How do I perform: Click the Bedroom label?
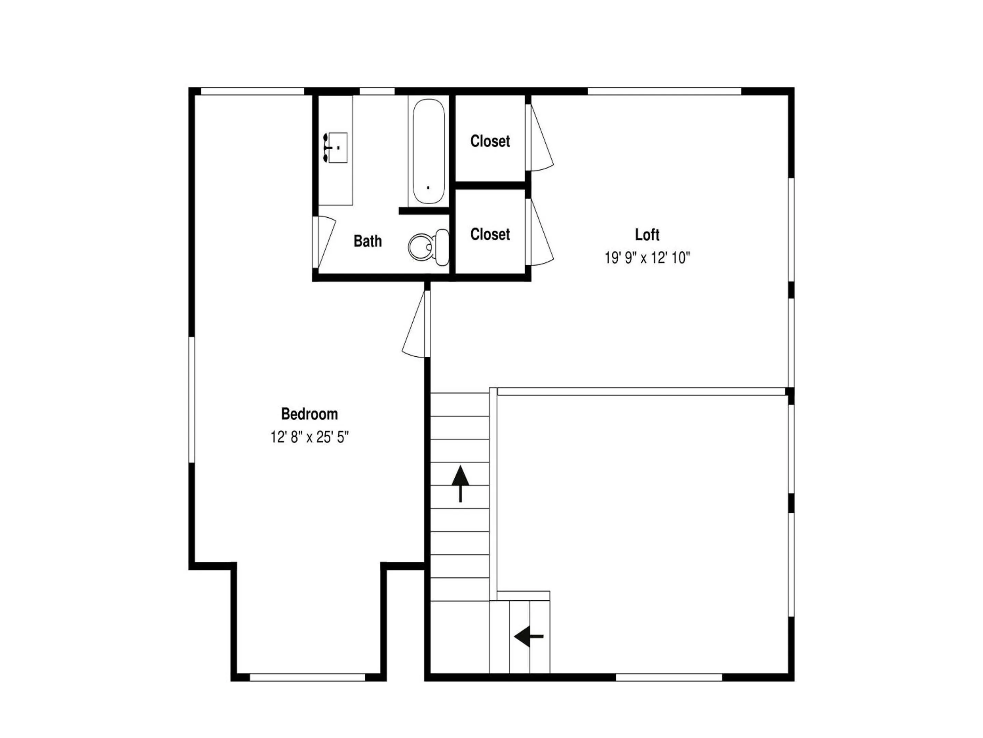pyautogui.click(x=309, y=414)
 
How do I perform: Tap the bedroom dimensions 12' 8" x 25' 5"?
pyautogui.click(x=309, y=437)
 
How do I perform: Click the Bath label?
pyautogui.click(x=368, y=241)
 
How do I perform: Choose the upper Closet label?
pyautogui.click(x=490, y=141)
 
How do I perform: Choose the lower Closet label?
pyautogui.click(x=490, y=234)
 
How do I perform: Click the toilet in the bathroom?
pyautogui.click(x=428, y=247)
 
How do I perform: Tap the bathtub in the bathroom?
pyautogui.click(x=428, y=151)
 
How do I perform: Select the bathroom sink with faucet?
pyautogui.click(x=337, y=148)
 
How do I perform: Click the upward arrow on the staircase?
pyautogui.click(x=460, y=483)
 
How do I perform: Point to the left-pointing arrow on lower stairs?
pyautogui.click(x=529, y=637)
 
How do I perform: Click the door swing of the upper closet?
pyautogui.click(x=540, y=138)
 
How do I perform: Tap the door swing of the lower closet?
pyautogui.click(x=540, y=232)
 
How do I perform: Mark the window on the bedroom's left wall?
pyautogui.click(x=192, y=399)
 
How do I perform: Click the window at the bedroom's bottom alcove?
pyautogui.click(x=308, y=678)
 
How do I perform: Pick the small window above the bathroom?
pyautogui.click(x=377, y=91)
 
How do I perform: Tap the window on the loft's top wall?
pyautogui.click(x=664, y=91)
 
